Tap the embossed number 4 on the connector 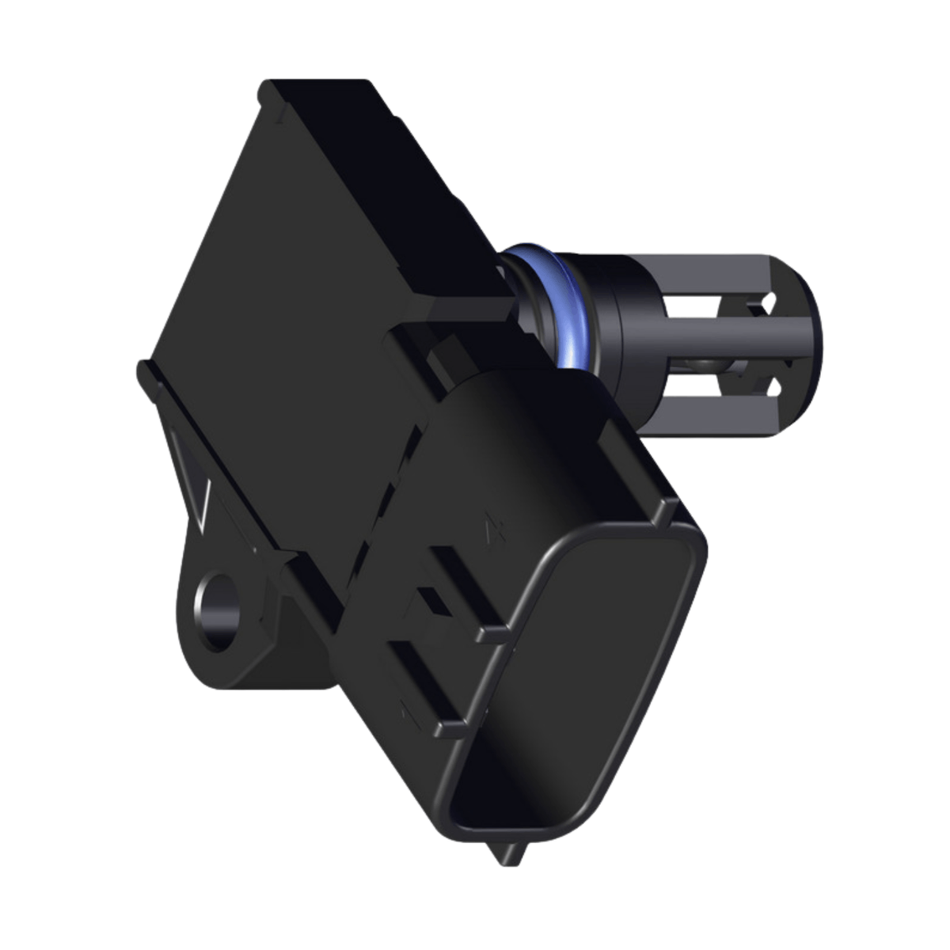point(496,526)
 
